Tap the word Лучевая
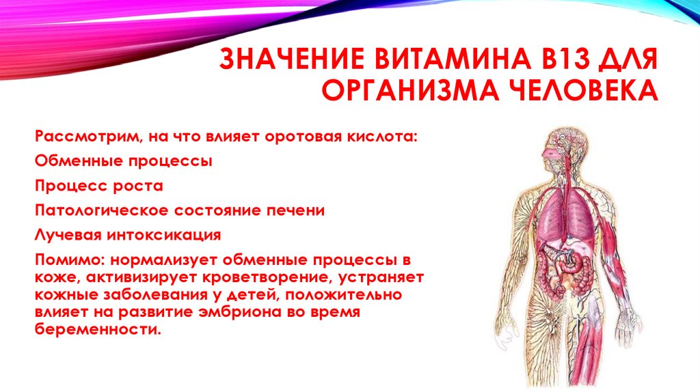click(x=65, y=235)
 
